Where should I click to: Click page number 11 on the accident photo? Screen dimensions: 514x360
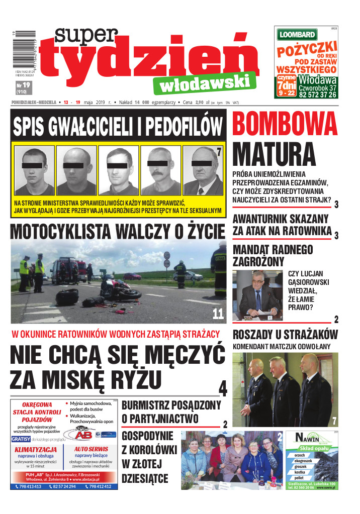click(x=218, y=314)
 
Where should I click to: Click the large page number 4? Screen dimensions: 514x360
click(x=223, y=388)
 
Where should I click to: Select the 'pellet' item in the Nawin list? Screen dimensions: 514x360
click(x=300, y=479)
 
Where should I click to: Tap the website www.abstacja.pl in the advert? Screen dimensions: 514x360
click(x=91, y=480)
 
